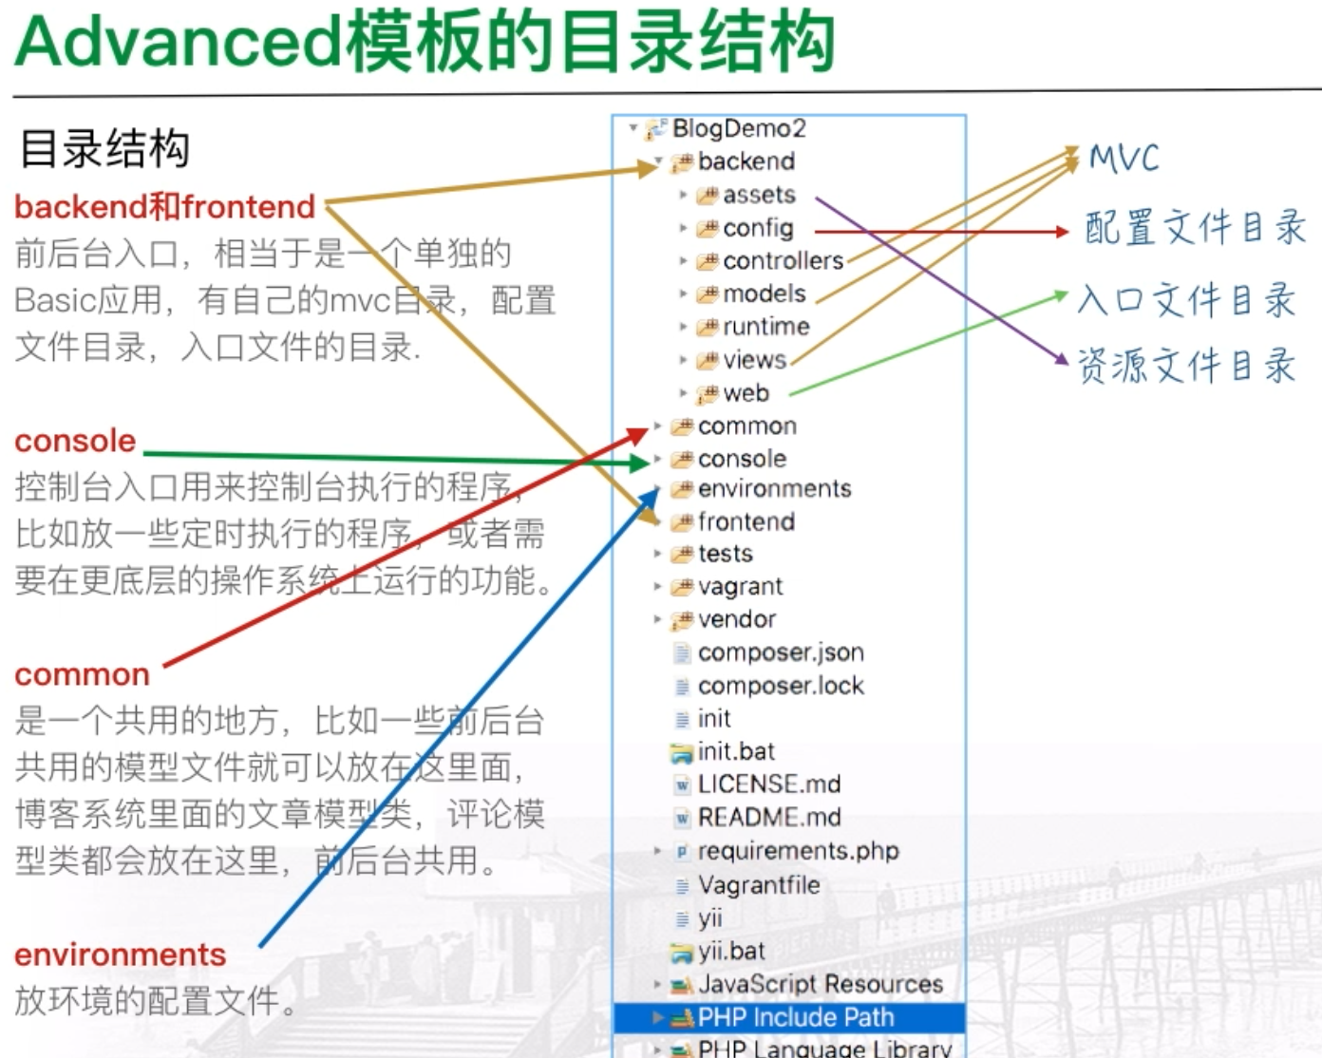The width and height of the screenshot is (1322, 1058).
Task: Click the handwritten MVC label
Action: (1124, 158)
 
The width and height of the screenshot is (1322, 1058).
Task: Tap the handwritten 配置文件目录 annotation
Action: (1195, 227)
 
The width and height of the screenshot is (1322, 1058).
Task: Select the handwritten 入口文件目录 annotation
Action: (1187, 300)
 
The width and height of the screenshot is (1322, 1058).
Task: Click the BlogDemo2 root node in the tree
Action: (739, 128)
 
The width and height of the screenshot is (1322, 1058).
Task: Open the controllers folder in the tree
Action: (783, 260)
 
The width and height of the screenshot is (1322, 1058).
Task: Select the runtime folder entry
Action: (766, 327)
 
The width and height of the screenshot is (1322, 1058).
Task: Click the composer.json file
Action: (781, 652)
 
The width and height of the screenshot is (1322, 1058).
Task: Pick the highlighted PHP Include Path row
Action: (789, 1017)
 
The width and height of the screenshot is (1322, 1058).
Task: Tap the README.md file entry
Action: (769, 817)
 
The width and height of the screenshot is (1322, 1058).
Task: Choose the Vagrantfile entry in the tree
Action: (759, 885)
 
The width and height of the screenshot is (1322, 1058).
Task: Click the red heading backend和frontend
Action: (164, 206)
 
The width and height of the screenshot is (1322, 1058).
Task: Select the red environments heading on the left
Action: (121, 954)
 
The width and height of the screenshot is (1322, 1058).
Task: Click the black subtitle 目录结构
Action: (104, 148)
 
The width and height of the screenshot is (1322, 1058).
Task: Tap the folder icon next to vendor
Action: (682, 620)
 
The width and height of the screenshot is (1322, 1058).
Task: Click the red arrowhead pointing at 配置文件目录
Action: (1062, 232)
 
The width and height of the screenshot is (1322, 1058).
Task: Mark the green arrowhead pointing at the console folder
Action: (640, 462)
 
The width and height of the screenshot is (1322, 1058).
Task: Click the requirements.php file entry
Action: (798, 851)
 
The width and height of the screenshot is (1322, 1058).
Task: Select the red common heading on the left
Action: (83, 675)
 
